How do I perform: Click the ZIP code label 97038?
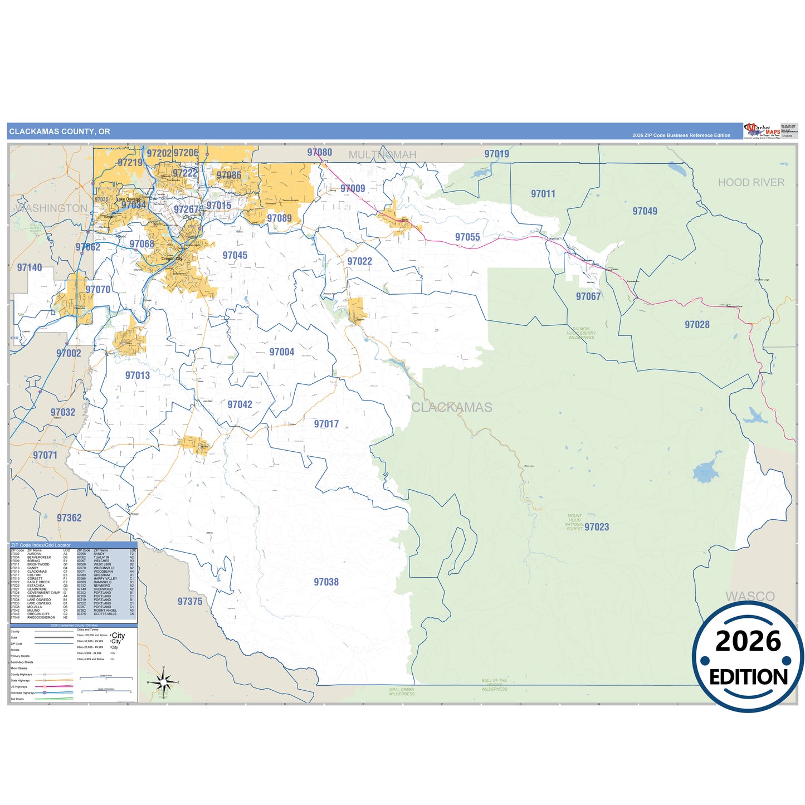(x=326, y=582)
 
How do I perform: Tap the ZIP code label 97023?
(x=597, y=527)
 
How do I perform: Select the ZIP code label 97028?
(x=697, y=325)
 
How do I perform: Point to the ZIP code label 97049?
(x=645, y=211)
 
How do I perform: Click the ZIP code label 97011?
(x=543, y=194)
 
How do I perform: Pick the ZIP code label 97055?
(x=467, y=237)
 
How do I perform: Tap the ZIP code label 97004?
(x=282, y=352)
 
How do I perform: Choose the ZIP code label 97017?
(x=326, y=424)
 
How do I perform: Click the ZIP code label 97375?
(x=190, y=602)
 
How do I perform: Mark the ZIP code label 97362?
(x=69, y=518)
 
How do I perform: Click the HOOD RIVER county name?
(x=751, y=183)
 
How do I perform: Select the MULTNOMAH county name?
(x=383, y=155)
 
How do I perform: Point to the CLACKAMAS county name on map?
(x=452, y=408)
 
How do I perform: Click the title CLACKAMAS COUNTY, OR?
(x=60, y=131)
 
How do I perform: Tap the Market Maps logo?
(x=762, y=131)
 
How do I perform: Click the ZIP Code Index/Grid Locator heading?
(x=41, y=545)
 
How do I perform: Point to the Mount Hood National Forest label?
(x=574, y=523)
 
